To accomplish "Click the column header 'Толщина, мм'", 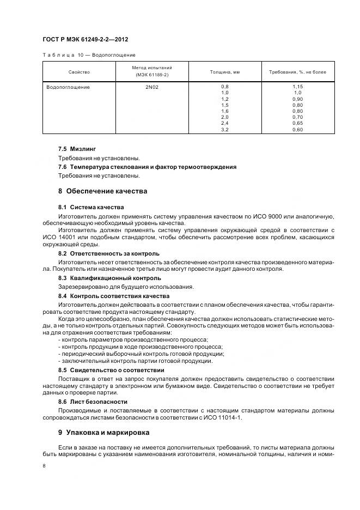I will point(225,72).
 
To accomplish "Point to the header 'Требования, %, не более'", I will point(297,72).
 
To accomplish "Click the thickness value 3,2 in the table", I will point(225,130).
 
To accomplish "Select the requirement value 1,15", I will point(297,87).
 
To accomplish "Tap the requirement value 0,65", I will point(297,124).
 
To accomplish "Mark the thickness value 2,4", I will point(225,124).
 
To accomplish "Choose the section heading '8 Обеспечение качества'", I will point(102,191).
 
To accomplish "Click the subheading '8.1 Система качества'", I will point(91,207).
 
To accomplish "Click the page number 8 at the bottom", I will point(44,466).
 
